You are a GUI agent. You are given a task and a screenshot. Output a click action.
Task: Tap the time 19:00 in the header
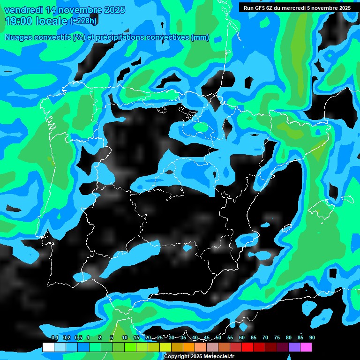(17, 21)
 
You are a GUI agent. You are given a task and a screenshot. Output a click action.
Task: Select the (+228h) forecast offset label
(83, 21)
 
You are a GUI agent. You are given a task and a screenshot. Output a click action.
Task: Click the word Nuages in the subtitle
(18, 37)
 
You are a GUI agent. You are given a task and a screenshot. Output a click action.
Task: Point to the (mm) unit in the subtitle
(200, 37)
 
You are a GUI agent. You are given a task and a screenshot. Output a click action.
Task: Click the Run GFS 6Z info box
(298, 7)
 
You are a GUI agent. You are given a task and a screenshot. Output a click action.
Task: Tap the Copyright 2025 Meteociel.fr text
(199, 357)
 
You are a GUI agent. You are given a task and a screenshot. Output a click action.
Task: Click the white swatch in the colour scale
(48, 347)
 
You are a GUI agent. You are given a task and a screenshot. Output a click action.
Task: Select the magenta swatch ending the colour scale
(306, 347)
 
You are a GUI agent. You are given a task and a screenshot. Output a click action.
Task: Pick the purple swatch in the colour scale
(294, 347)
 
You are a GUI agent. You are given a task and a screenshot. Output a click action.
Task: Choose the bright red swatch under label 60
(247, 347)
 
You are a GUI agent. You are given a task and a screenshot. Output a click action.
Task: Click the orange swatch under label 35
(189, 347)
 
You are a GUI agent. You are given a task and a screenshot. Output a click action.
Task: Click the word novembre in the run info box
(325, 7)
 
